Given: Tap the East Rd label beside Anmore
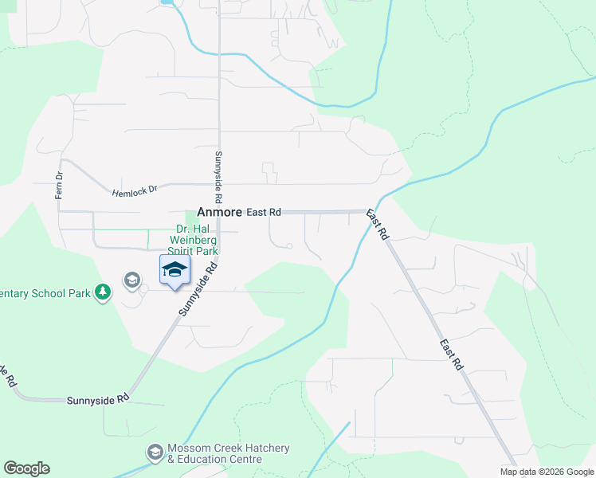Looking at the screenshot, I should point(264,213).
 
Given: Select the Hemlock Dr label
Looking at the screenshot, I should point(135,192).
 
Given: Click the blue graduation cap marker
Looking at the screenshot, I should point(174,269).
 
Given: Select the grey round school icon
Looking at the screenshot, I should point(131,280).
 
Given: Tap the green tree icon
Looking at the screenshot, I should point(102,293).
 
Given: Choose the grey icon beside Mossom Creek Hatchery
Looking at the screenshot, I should point(155,453).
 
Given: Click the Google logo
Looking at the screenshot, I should point(26,468).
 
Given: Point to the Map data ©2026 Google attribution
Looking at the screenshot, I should point(547,472).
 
